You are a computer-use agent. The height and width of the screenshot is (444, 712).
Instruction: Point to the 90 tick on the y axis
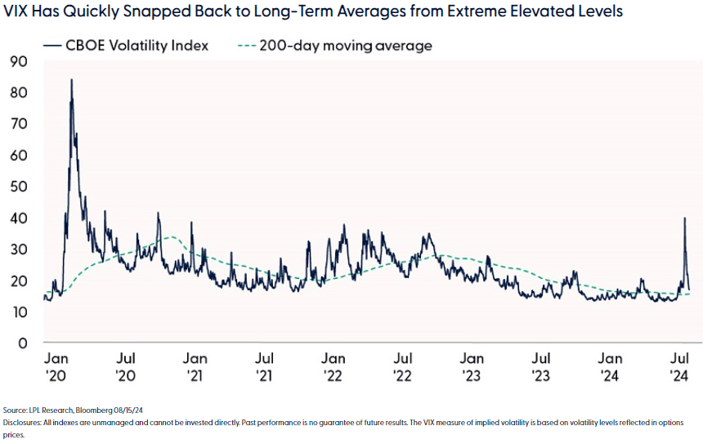pyautogui.click(x=19, y=61)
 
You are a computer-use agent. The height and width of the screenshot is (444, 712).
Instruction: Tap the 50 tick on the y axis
pyautogui.click(x=19, y=186)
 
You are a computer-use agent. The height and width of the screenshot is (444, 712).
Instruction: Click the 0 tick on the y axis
pyautogui.click(x=24, y=343)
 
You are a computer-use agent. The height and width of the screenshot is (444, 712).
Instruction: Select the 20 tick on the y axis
pyautogui.click(x=19, y=280)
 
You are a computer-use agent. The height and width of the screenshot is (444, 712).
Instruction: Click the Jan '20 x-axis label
pyautogui.click(x=56, y=367)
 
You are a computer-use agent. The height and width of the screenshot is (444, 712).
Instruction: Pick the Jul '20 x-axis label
pyautogui.click(x=126, y=367)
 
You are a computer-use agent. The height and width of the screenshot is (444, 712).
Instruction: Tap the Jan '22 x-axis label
pyautogui.click(x=333, y=367)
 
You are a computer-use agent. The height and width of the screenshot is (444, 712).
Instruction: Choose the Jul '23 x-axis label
pyautogui.click(x=540, y=367)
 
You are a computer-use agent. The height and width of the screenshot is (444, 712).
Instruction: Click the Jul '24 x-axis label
pyautogui.click(x=678, y=367)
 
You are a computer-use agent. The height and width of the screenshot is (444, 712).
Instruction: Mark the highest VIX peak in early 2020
pyautogui.click(x=71, y=80)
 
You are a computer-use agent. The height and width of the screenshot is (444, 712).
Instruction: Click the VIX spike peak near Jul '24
pyautogui.click(x=683, y=218)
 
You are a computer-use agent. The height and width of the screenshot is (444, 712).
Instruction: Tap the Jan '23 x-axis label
pyautogui.click(x=472, y=367)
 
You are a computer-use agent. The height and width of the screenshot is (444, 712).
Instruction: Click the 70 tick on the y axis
pyautogui.click(x=19, y=123)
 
